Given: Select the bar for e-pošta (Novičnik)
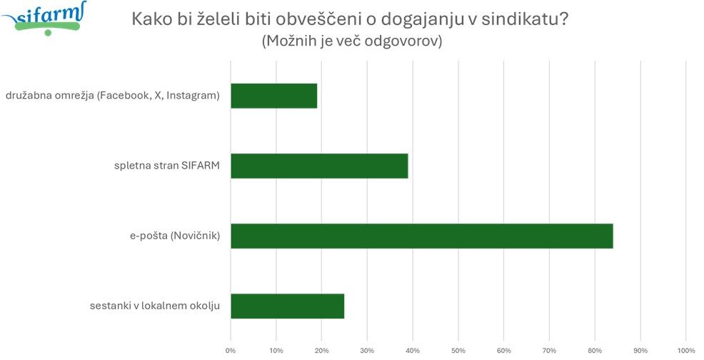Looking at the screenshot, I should click(x=421, y=236).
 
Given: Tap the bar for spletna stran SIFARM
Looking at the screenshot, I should click(x=319, y=166).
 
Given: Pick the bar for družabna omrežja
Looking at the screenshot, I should click(x=273, y=96).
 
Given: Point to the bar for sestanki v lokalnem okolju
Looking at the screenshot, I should click(x=287, y=306).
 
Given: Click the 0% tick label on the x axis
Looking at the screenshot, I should click(x=231, y=350).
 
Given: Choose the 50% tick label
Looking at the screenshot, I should click(x=458, y=350).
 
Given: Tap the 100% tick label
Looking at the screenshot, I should click(x=685, y=350).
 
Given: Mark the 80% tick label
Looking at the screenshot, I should click(x=595, y=350).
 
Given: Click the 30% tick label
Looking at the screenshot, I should click(x=367, y=350).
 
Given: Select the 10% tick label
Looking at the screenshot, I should click(x=276, y=350).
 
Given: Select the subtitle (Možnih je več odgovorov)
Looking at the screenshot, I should click(x=352, y=41).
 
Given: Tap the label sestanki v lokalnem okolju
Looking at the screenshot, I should click(x=155, y=307).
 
